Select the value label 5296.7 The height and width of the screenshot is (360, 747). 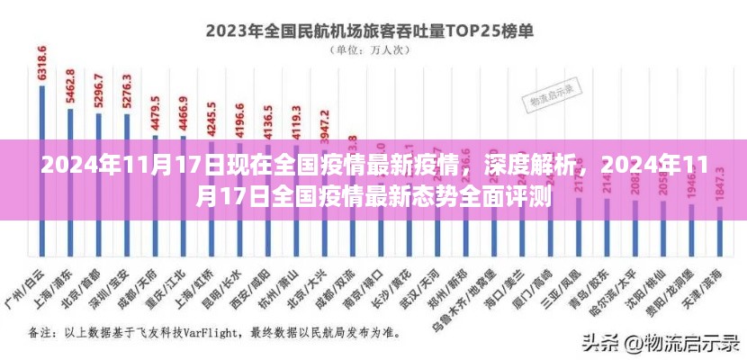click(99, 90)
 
